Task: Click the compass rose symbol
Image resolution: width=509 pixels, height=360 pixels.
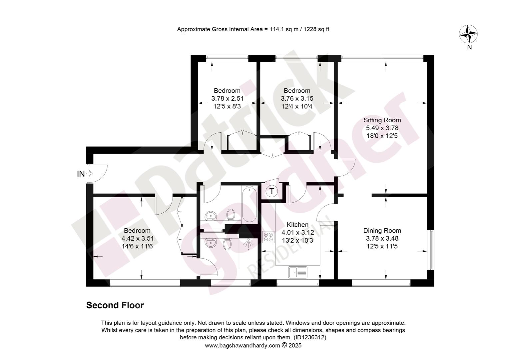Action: click(x=468, y=34)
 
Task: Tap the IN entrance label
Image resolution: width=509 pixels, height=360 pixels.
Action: click(x=81, y=174)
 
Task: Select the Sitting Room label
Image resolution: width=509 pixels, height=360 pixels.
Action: click(x=382, y=120)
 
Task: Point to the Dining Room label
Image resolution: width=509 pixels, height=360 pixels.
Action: click(x=382, y=231)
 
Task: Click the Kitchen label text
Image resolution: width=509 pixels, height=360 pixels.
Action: click(x=297, y=225)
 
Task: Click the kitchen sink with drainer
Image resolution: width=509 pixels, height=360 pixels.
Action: click(x=298, y=272)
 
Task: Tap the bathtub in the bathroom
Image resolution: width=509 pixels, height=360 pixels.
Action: click(x=250, y=204)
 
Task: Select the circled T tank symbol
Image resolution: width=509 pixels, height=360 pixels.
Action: click(x=272, y=191)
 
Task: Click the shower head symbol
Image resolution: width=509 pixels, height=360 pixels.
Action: click(x=250, y=244)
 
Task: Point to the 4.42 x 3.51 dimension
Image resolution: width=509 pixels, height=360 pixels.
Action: click(x=138, y=238)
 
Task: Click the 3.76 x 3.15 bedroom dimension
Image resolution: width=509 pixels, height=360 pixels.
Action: click(x=297, y=98)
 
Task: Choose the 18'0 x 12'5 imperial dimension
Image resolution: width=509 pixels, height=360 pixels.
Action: click(x=382, y=136)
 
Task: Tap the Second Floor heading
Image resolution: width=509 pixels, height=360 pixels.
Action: click(x=115, y=305)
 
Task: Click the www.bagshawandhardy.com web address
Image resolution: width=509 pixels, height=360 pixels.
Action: click(x=243, y=346)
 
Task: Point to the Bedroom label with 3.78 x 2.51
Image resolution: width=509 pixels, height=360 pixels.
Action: click(x=227, y=91)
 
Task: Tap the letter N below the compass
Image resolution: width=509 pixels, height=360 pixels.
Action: click(x=469, y=47)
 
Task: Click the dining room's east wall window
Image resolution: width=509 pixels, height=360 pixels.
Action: click(x=430, y=250)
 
